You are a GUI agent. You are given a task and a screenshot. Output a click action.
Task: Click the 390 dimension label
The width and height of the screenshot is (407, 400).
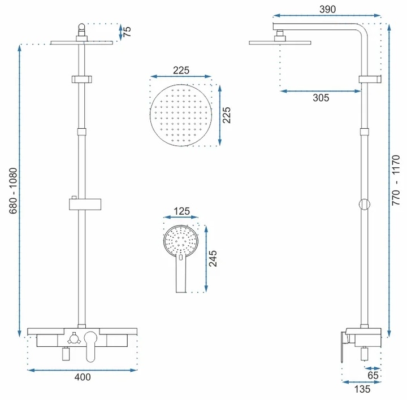tap(327, 10)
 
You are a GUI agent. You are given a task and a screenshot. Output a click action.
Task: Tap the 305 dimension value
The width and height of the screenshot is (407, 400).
tap(321, 98)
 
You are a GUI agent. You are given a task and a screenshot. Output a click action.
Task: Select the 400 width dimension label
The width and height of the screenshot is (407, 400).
tap(83, 377)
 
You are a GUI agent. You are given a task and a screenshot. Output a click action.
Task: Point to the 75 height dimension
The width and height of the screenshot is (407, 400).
tap(127, 32)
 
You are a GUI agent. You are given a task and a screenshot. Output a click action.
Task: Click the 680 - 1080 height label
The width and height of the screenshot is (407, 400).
tap(13, 190)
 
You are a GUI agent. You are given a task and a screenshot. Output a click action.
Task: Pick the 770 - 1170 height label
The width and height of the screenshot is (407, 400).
tap(396, 180)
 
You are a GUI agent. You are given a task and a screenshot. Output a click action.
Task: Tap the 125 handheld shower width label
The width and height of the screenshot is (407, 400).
tap(181, 211)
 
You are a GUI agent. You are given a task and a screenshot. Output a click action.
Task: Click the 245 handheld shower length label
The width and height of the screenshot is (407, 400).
tap(213, 258)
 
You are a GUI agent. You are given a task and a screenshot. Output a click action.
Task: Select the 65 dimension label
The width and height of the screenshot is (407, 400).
tap(373, 375)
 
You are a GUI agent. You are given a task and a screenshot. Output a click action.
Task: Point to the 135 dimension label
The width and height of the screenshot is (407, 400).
tap(362, 389)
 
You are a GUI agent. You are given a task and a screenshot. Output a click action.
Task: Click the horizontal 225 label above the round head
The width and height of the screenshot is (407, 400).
tap(181, 70)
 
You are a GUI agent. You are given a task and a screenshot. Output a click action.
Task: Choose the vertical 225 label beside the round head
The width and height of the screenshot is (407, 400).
tap(227, 115)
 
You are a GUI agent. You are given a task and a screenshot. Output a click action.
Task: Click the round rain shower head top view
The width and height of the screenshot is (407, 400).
tap(181, 115)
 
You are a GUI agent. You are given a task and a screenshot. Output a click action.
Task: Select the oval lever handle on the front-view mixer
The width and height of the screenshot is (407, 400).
tap(90, 346)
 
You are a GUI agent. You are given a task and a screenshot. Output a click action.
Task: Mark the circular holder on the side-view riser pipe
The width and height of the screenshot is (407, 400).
tap(365, 205)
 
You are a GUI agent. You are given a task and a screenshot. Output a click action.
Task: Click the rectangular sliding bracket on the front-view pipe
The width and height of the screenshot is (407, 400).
tap(85, 205)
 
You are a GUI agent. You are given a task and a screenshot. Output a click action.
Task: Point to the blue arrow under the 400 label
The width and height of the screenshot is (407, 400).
tap(83, 370)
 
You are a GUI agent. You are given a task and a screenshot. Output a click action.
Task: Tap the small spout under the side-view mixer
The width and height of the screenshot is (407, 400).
tap(365, 354)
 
